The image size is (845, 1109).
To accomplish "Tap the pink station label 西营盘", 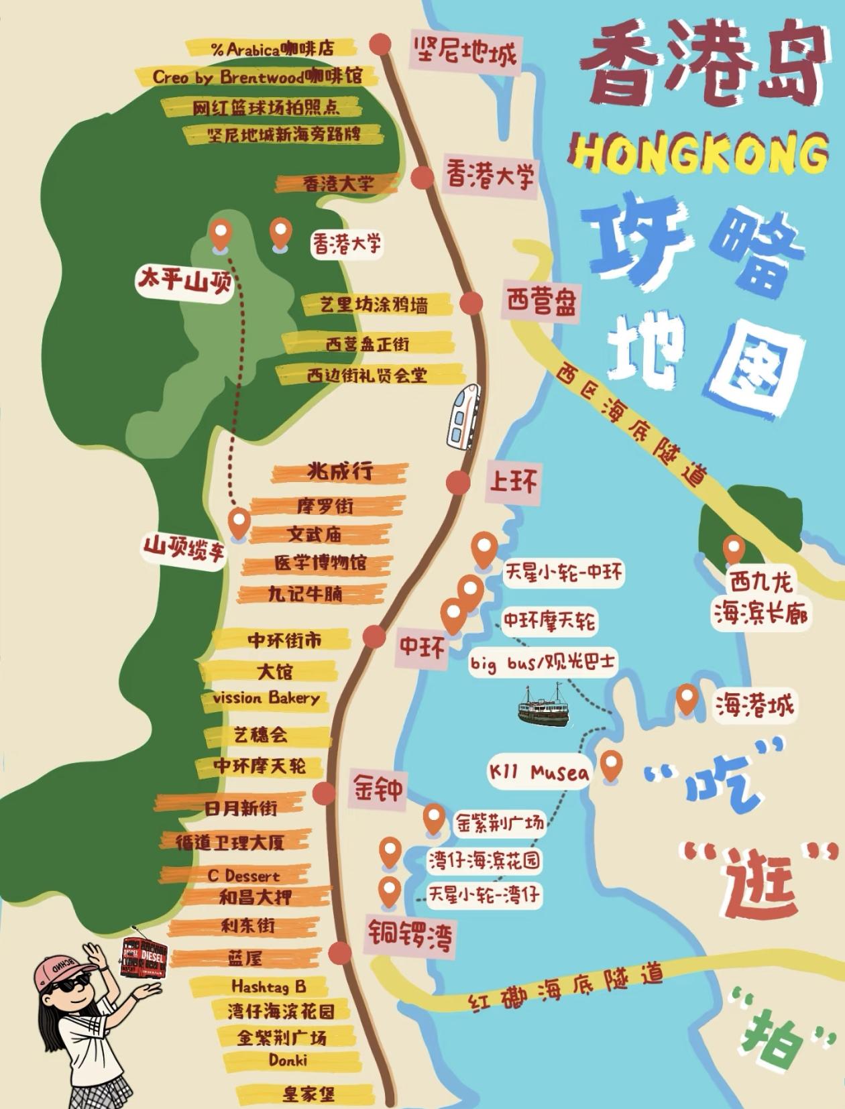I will pyautogui.click(x=541, y=303).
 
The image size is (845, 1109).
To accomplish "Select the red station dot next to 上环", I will pyautogui.click(x=459, y=482).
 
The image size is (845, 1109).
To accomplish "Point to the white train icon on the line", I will pyautogui.click(x=463, y=416).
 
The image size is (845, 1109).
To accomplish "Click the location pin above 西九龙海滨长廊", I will pyautogui.click(x=734, y=549).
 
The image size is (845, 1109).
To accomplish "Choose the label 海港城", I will pyautogui.click(x=754, y=705).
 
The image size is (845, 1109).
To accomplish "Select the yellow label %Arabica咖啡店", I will pyautogui.click(x=271, y=48).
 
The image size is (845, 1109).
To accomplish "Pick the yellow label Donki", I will pyautogui.click(x=288, y=1060).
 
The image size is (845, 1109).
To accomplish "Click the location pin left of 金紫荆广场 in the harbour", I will pyautogui.click(x=434, y=819).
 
